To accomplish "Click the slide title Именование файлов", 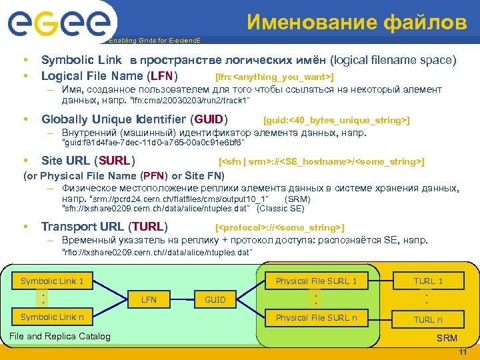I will point(357,23).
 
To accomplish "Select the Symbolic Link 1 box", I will point(52,281).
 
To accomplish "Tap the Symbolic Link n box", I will point(52,317).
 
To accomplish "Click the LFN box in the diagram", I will point(149,299).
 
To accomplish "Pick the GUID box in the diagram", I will point(215,299).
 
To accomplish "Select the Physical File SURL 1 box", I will point(316,281).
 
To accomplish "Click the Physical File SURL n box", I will point(316,317).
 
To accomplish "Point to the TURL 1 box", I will point(427,281).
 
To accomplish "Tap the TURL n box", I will point(427,319).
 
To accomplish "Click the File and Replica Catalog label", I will point(60,336).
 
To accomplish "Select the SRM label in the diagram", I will point(447,338).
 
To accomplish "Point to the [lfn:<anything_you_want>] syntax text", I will point(274,78).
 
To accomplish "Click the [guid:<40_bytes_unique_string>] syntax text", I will point(337,120).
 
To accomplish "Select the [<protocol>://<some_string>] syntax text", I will point(280,227).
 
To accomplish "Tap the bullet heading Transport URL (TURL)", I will point(105,226).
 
